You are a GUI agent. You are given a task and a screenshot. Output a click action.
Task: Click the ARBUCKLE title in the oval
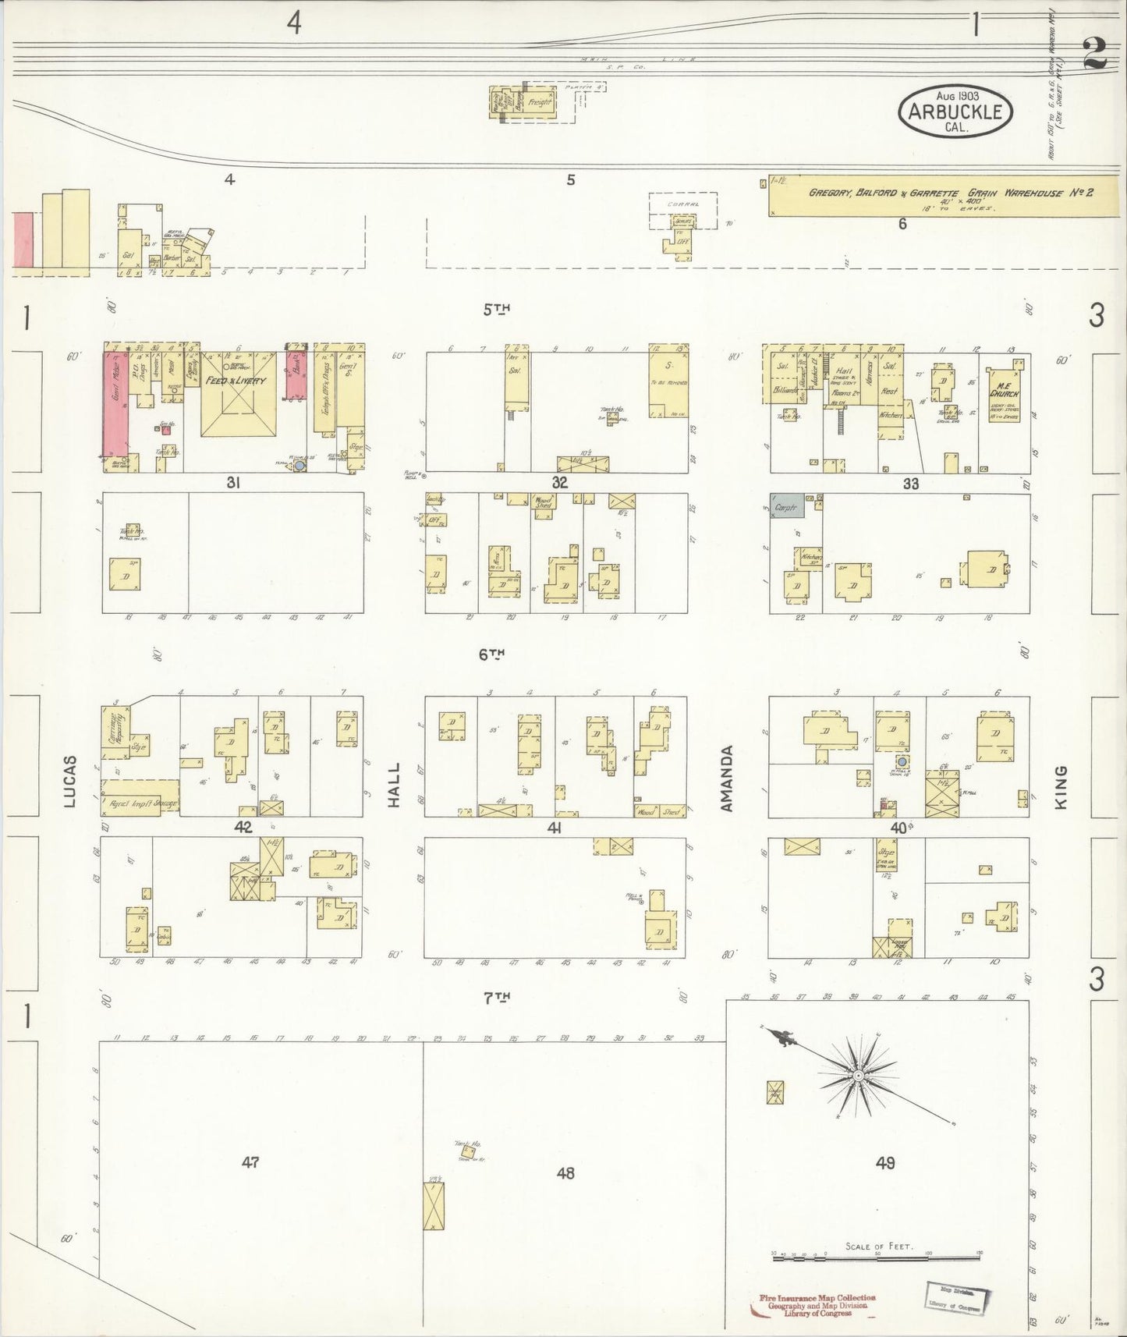pyautogui.click(x=955, y=112)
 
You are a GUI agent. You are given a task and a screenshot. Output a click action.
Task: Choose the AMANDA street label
pyautogui.click(x=728, y=778)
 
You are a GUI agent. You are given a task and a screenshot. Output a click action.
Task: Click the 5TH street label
pyautogui.click(x=496, y=310)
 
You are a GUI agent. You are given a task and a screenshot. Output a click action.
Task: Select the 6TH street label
pyautogui.click(x=492, y=654)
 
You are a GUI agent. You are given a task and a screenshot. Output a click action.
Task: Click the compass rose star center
pyautogui.click(x=857, y=1076)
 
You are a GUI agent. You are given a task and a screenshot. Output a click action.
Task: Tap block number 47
pyautogui.click(x=250, y=1162)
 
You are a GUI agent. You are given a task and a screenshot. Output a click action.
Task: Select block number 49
pyautogui.click(x=885, y=1163)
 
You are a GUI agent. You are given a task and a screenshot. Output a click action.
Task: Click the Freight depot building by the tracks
pyautogui.click(x=540, y=102)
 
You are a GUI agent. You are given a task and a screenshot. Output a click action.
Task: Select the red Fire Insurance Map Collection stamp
pyautogui.click(x=817, y=1304)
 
